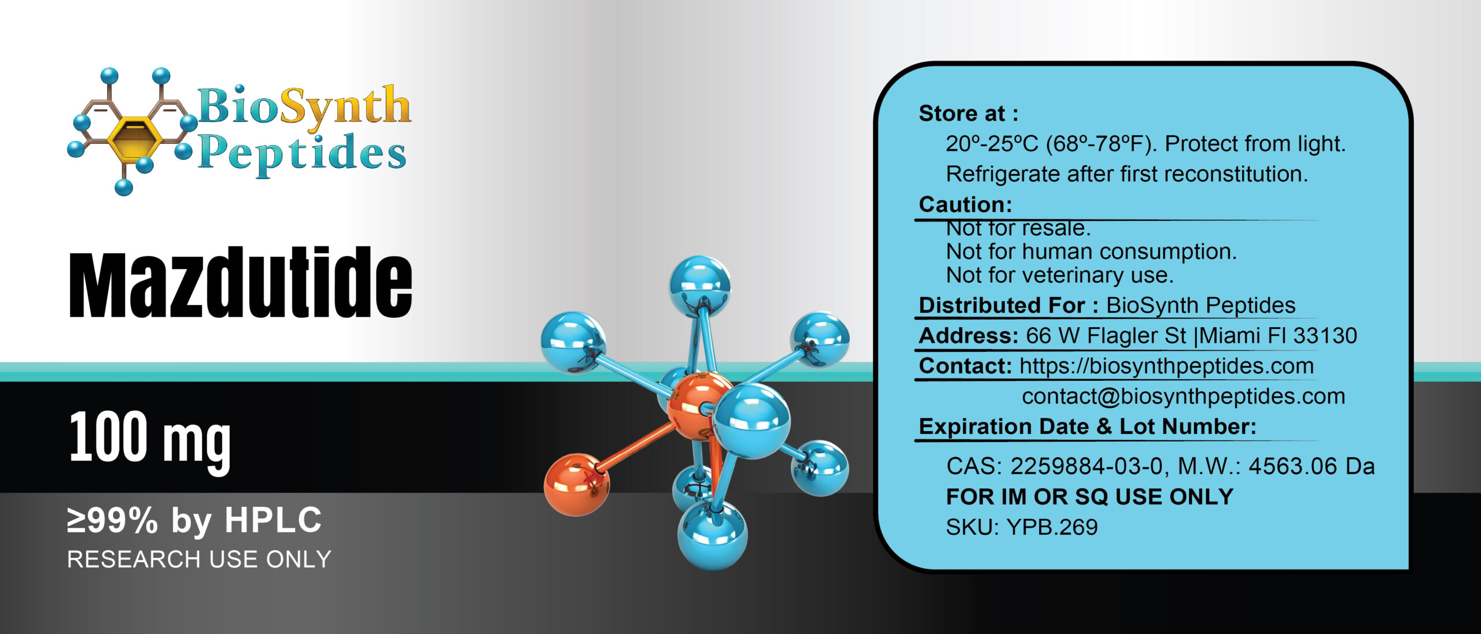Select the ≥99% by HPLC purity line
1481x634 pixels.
[x=194, y=520]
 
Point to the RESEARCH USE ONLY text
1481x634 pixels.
[x=199, y=559]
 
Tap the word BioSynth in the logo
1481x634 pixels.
[x=304, y=107]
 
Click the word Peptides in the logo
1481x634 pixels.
[x=302, y=153]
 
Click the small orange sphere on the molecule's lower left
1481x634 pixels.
[x=576, y=484]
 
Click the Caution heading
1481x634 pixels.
[x=965, y=205]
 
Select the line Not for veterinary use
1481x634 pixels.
[x=1059, y=275]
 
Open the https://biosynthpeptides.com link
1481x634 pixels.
[x=1166, y=366]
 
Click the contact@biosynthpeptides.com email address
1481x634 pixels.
[x=1183, y=396]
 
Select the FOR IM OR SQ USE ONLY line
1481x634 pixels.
[x=1089, y=497]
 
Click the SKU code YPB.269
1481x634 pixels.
[x=1052, y=527]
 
